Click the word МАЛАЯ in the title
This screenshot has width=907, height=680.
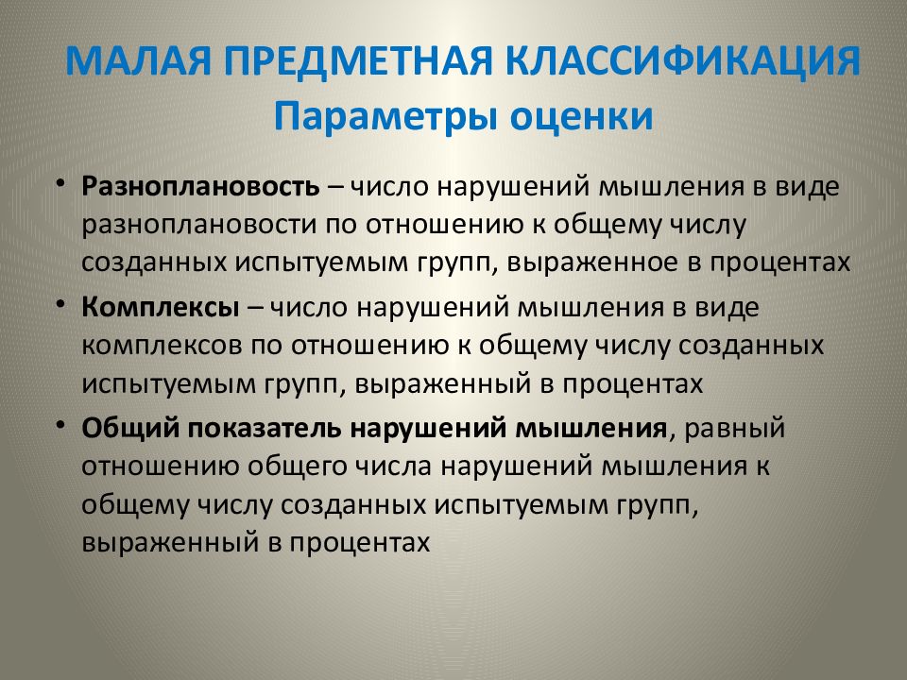coord(136,64)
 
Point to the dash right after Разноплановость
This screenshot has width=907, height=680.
coord(335,185)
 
